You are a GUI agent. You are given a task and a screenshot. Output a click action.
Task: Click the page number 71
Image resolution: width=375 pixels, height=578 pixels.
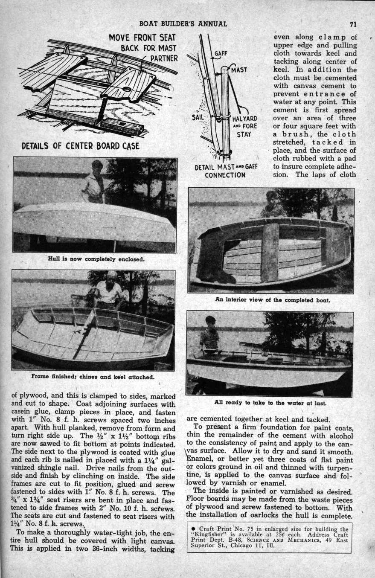click(353, 23)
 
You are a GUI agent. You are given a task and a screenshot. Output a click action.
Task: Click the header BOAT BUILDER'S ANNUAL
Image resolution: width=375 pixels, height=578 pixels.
click(183, 23)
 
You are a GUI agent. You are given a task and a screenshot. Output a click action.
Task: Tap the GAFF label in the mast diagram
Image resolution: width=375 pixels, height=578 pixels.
click(220, 54)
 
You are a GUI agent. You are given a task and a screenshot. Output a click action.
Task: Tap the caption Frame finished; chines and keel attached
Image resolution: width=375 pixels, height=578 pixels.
click(93, 377)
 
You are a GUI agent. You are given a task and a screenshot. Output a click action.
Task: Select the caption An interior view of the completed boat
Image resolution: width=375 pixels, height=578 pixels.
click(273, 299)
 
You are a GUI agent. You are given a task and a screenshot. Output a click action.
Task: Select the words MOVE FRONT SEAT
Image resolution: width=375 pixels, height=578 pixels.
click(142, 38)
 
